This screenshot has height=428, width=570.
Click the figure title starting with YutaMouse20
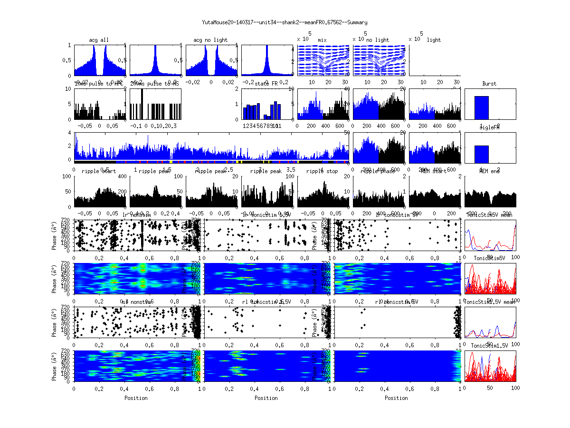click(285, 22)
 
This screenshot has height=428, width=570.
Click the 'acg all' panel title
click(99, 40)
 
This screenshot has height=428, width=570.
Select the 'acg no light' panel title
click(210, 40)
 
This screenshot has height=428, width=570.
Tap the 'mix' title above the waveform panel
click(323, 40)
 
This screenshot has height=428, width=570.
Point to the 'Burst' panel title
click(489, 84)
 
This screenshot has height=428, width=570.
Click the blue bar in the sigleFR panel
click(481, 155)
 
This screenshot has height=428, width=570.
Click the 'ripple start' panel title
click(99, 171)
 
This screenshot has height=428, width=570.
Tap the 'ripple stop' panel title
click(322, 171)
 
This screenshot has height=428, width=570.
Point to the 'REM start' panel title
click(434, 171)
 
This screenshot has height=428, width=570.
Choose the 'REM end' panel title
click(489, 171)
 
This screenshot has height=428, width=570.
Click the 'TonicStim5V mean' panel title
click(489, 215)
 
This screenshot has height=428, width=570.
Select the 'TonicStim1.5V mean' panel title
click(489, 302)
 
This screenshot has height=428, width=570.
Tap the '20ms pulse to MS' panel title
click(154, 84)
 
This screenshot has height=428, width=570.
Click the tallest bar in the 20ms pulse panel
click(142, 105)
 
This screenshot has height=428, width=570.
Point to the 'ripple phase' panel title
click(378, 171)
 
